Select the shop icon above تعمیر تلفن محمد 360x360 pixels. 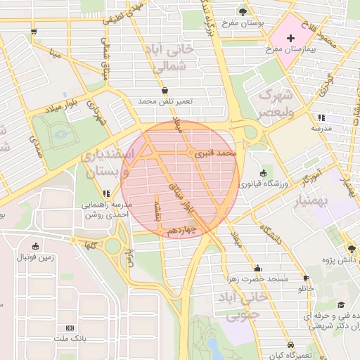165,91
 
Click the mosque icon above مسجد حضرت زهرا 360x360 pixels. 257,267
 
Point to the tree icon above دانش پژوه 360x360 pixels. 352,249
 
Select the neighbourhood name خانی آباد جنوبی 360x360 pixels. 243,306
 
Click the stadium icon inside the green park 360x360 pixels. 61,133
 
